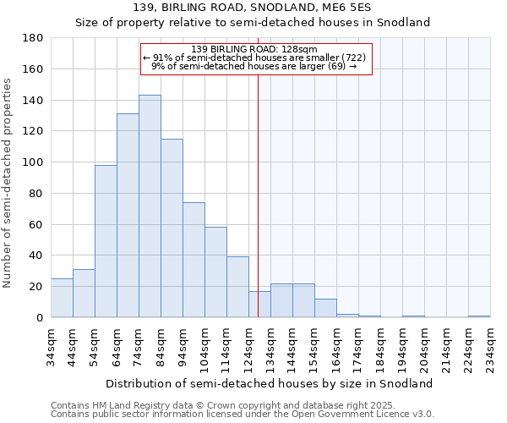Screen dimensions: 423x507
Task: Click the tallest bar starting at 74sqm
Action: tap(150, 206)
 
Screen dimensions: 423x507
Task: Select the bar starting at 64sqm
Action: tap(128, 216)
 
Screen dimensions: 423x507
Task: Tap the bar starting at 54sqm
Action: tap(106, 241)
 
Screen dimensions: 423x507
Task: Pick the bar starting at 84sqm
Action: tap(172, 228)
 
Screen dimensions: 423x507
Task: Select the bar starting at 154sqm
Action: tap(325, 308)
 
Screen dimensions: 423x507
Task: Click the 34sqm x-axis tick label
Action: tap(52, 347)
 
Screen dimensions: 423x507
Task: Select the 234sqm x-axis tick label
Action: tap(491, 347)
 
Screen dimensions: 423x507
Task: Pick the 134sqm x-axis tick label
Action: tap(271, 347)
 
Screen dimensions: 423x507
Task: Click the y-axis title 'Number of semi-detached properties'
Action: tap(8, 183)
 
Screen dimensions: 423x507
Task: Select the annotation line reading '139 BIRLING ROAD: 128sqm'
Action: tap(254, 49)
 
